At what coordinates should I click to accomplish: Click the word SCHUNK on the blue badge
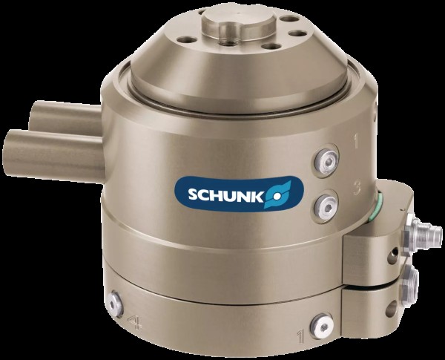tap(226, 196)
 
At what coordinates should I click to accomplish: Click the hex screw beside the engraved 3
tap(327, 205)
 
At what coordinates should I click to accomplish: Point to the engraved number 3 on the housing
tap(357, 188)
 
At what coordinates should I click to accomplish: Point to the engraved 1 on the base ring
tap(300, 336)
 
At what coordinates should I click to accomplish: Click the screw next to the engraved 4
tap(115, 304)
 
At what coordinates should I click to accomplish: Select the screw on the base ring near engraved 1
tap(322, 327)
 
